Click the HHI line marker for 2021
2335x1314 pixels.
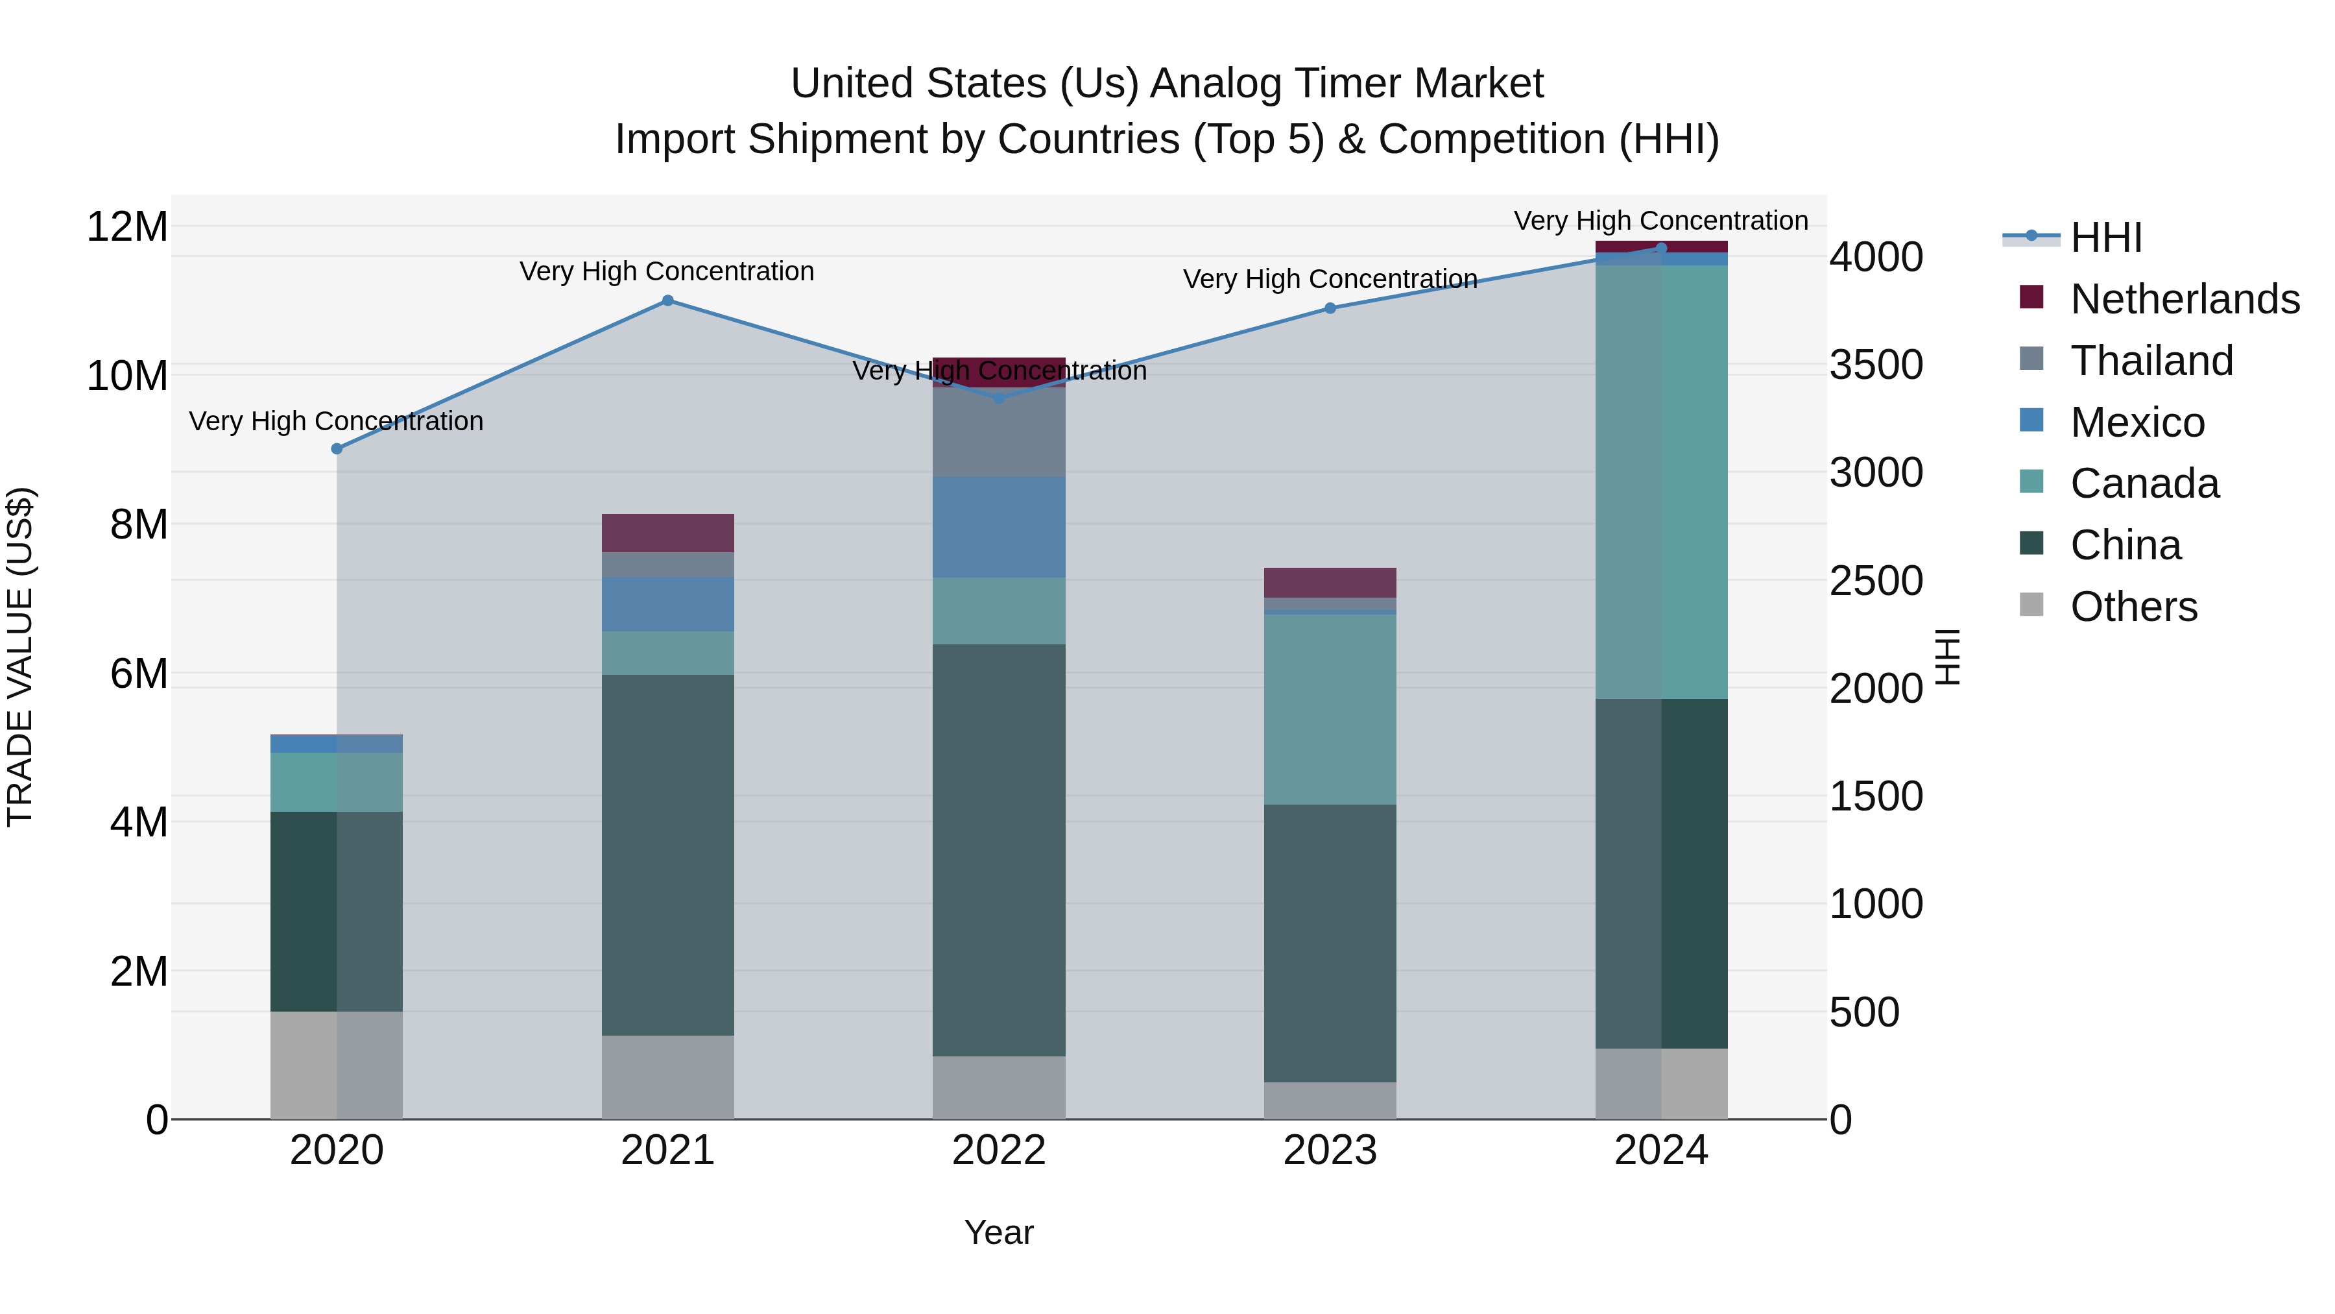coord(667,300)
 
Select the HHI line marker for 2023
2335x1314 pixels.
coord(1330,308)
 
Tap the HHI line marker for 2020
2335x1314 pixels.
coord(337,449)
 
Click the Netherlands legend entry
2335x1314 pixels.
coord(2184,299)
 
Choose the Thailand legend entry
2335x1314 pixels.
coord(2151,361)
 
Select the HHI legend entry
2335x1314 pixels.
coord(2105,237)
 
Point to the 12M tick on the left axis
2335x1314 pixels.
coord(127,226)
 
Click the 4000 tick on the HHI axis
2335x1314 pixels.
coord(1875,258)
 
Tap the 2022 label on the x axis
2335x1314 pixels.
coord(999,1150)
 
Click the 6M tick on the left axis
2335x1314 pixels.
coord(138,674)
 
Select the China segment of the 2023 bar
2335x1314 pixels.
coord(1330,943)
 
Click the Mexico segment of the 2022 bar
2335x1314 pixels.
coord(999,527)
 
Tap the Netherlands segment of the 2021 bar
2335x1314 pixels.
coord(667,533)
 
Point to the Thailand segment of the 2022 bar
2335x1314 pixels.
coord(999,433)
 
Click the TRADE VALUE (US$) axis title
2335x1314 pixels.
coord(20,657)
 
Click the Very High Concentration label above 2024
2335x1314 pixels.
coord(1660,221)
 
